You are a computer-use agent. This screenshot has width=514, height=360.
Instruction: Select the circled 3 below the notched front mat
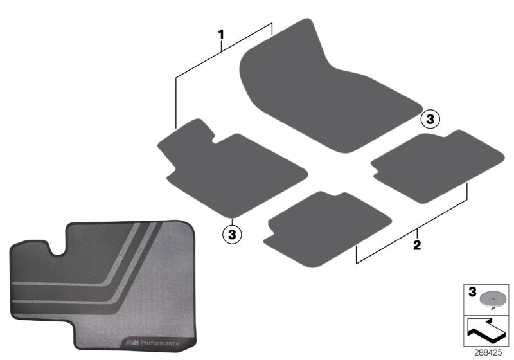click(x=232, y=234)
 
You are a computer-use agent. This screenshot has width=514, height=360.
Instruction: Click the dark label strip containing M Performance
click(x=154, y=338)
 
